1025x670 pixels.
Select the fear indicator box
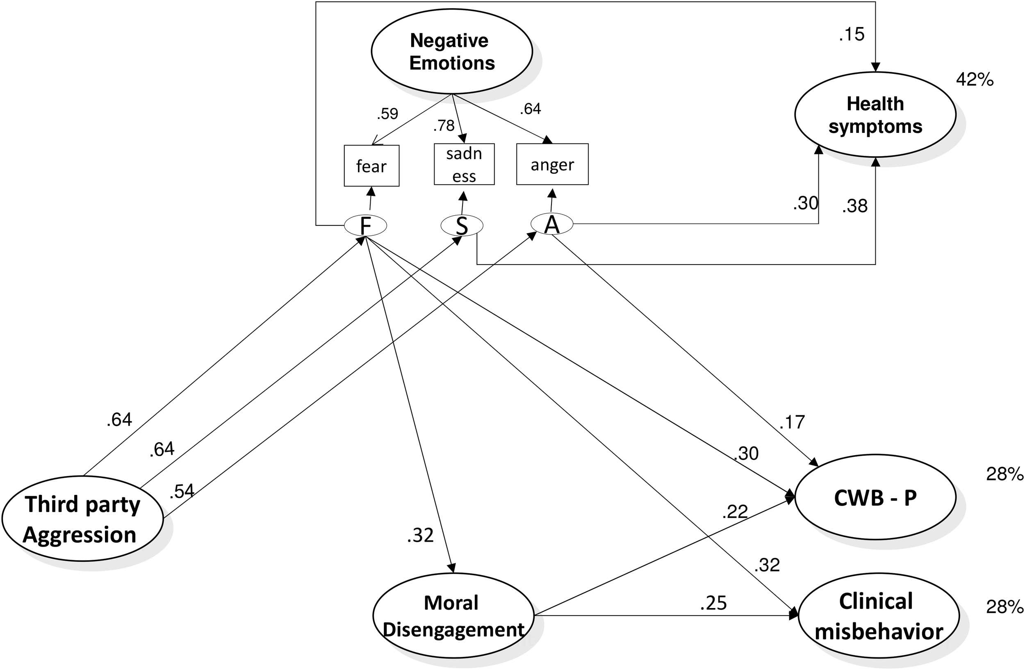click(371, 166)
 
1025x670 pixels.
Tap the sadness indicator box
click(464, 164)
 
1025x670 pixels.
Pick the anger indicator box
click(552, 164)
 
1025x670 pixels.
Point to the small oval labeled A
click(552, 224)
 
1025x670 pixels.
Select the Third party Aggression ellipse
click(82, 519)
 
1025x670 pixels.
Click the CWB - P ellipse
click(875, 498)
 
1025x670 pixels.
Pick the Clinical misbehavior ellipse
click(879, 616)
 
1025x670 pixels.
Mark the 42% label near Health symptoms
click(974, 80)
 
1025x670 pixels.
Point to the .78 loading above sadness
click(444, 125)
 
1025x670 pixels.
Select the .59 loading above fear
click(387, 114)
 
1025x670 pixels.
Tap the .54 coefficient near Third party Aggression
click(181, 491)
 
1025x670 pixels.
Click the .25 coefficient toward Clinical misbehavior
click(713, 603)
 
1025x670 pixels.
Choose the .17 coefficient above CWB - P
click(792, 422)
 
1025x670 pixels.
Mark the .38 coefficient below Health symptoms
click(855, 206)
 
